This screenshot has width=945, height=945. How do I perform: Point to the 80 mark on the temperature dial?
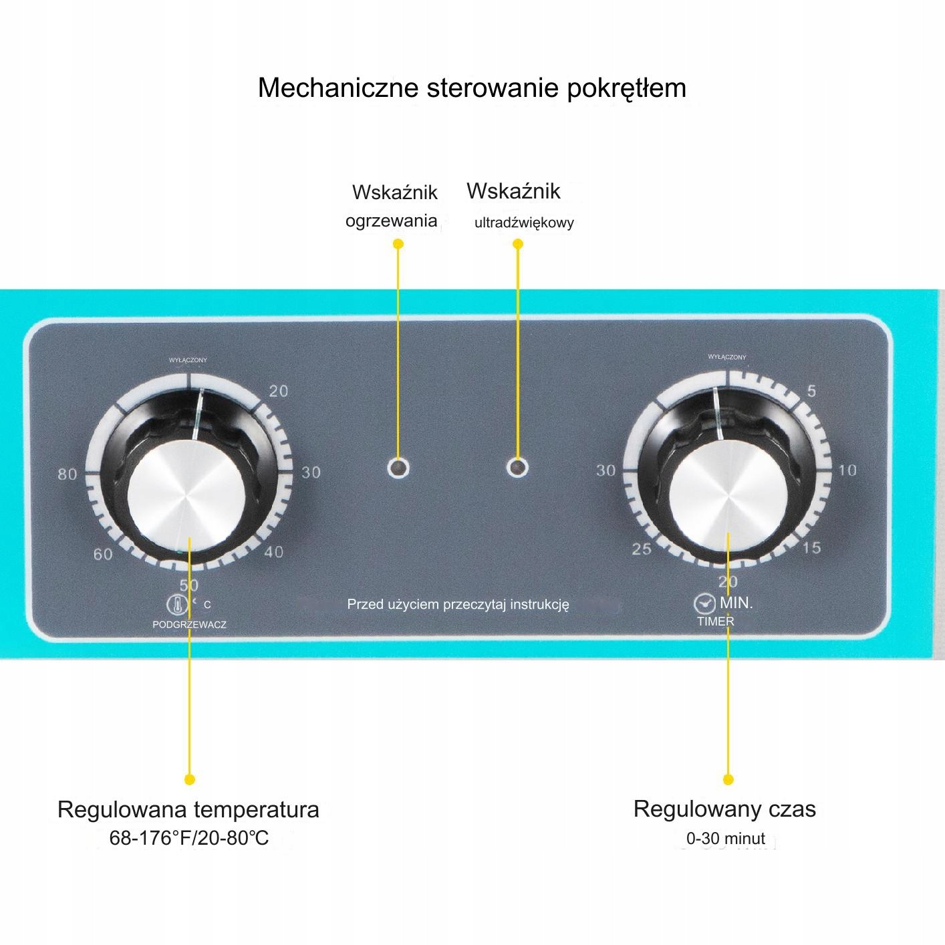(x=67, y=475)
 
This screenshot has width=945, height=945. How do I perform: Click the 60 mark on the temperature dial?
(x=103, y=554)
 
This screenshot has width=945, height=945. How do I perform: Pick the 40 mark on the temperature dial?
(x=274, y=552)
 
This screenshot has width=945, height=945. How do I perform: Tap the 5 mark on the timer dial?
(x=811, y=391)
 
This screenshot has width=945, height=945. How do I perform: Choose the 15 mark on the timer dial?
(x=811, y=548)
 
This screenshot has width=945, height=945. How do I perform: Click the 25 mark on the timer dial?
(x=642, y=549)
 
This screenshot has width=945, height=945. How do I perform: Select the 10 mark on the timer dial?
(x=847, y=470)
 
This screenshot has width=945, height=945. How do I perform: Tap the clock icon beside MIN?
(x=703, y=603)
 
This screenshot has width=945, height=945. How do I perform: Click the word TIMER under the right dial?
(x=716, y=622)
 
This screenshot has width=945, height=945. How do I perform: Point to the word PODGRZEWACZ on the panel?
(x=190, y=625)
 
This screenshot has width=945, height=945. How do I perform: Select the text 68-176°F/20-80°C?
(x=189, y=837)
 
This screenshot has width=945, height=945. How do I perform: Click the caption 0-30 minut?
(x=725, y=838)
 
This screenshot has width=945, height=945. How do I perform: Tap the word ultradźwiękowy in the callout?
(x=524, y=223)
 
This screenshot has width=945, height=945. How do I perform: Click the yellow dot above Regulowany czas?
(x=728, y=779)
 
